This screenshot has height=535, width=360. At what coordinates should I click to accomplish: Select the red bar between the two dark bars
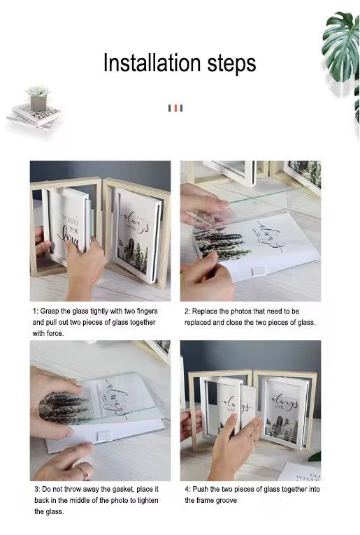[175, 108]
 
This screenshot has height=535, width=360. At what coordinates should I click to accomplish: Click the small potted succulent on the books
[38, 98]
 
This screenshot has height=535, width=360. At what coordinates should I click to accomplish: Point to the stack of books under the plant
[35, 115]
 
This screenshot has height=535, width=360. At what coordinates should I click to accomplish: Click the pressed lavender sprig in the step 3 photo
[63, 409]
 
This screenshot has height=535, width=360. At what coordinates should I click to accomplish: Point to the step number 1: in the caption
[36, 310]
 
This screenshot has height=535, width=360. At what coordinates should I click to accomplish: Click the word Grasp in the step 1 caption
[53, 310]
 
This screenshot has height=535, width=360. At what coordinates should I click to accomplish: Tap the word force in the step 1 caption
[55, 333]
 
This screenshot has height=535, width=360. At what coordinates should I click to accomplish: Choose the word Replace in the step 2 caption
[208, 310]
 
